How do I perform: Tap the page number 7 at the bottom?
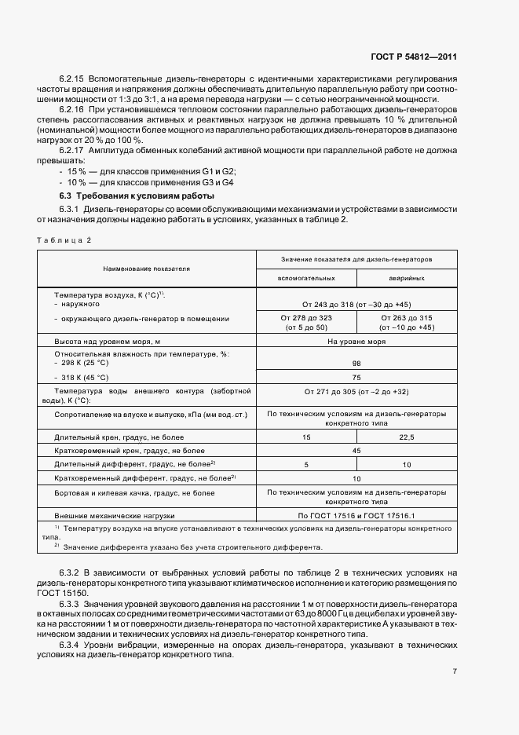coord(455,671)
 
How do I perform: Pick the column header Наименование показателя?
coord(146,269)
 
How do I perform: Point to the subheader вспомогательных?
coord(306,279)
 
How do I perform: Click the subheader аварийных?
coord(407,279)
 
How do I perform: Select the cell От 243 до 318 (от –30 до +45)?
coord(356,304)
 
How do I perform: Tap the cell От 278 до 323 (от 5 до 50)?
coord(306,322)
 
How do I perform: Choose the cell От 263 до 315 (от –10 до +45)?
coord(407,322)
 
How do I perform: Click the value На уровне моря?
coord(356,342)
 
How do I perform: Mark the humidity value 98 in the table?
coord(356,364)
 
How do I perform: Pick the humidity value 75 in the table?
coord(356,377)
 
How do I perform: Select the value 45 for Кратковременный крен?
coord(356,450)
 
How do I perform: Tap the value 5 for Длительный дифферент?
coord(306,464)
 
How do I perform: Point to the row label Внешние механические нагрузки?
coord(115,515)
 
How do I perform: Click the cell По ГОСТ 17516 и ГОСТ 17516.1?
coord(356,515)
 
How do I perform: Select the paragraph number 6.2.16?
coord(72,109)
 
